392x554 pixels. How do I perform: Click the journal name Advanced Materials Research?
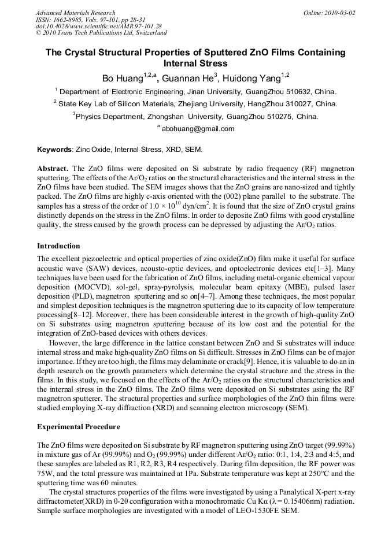point(75,13)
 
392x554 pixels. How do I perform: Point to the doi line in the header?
point(98,26)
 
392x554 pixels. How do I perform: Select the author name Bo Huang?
point(121,78)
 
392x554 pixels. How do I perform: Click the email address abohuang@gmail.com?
point(198,129)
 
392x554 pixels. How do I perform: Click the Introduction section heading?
point(60,246)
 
